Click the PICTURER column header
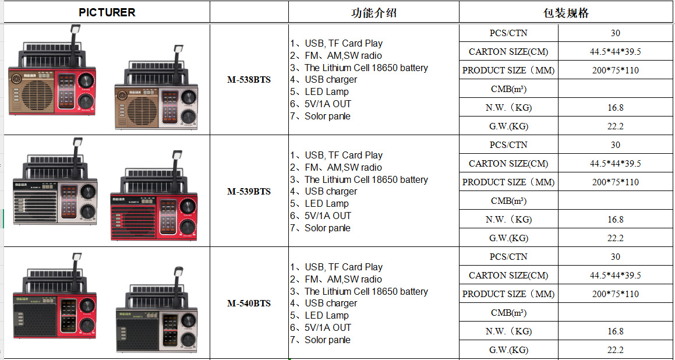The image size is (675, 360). tap(107, 12)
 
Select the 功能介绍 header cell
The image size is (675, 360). tap(373, 12)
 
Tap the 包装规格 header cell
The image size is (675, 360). tap(566, 12)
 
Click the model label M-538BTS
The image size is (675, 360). tap(249, 80)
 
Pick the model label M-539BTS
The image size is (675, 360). tap(249, 192)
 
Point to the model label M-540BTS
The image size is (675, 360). tap(249, 303)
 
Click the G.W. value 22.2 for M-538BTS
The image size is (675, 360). tap(615, 126)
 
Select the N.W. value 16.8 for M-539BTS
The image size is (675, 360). tap(615, 220)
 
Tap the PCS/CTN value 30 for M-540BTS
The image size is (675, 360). tap(615, 257)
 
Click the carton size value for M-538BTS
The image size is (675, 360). tap(615, 52)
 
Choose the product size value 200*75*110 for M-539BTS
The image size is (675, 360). tap(615, 182)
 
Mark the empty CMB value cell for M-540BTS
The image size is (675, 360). tap(615, 313)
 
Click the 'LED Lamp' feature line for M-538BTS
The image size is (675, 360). tap(326, 92)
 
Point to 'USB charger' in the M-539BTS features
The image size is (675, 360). tap(330, 192)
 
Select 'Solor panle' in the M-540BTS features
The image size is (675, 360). tap(327, 340)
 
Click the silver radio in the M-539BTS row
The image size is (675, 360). tap(55, 201)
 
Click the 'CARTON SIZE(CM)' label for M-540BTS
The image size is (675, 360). tap(508, 276)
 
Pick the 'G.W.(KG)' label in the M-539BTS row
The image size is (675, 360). tap(508, 238)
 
